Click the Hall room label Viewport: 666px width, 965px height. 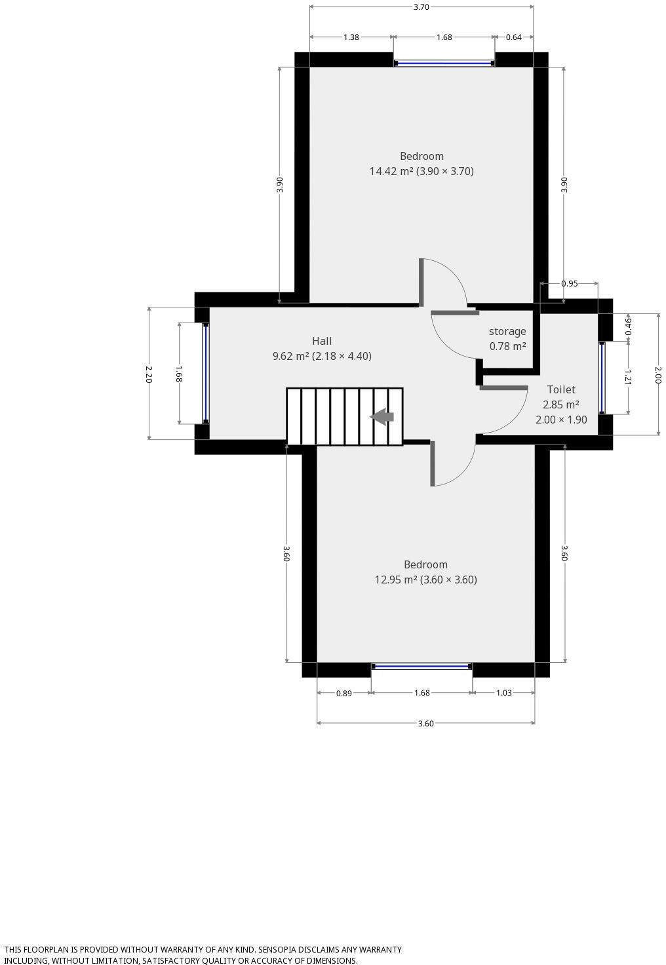[322, 341]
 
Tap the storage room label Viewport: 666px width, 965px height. [507, 331]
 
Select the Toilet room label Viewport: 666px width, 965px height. [561, 389]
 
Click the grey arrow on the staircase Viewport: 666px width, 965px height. [382, 417]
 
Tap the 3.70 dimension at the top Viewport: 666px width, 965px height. [421, 7]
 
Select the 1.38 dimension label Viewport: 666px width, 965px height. [351, 37]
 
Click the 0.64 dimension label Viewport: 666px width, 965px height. [514, 37]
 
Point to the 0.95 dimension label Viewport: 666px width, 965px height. [570, 284]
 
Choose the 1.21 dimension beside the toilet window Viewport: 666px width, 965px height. [628, 378]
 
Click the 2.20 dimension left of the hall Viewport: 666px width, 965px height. [149, 374]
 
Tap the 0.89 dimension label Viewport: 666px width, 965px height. [344, 693]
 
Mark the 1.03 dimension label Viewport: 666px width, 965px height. [503, 693]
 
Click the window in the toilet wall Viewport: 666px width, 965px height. [602, 378]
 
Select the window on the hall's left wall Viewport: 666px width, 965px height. [205, 373]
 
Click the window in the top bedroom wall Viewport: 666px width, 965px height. [444, 64]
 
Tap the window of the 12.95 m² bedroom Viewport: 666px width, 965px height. [421, 667]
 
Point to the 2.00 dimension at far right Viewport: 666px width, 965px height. [658, 374]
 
